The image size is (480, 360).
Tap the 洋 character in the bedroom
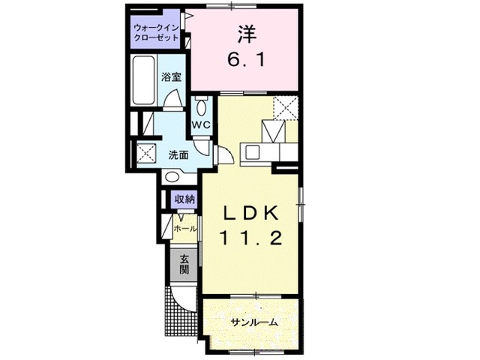[247, 34]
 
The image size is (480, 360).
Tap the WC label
[199, 124]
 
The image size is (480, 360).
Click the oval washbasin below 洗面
[172, 178]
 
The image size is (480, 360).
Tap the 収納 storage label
[184, 199]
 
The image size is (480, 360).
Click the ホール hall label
[184, 228]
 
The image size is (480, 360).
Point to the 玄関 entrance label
[184, 264]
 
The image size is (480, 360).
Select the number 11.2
[250, 240]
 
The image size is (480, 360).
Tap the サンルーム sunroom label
[253, 322]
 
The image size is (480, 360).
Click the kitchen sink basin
[251, 151]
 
